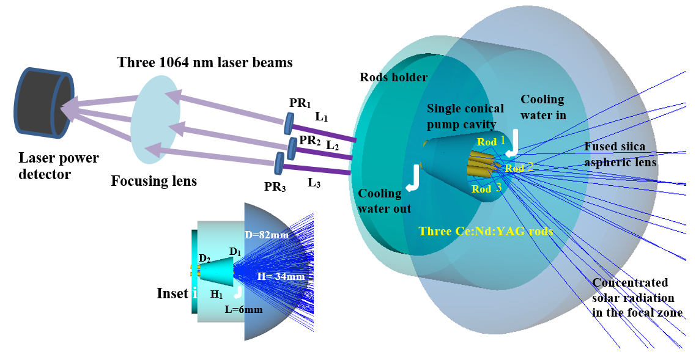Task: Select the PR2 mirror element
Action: [293, 147]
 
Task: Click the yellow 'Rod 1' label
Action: [491, 141]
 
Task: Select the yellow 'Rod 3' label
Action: [486, 189]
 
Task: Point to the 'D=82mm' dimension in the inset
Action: [267, 235]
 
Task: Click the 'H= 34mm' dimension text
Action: [281, 276]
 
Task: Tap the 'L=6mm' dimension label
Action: [243, 309]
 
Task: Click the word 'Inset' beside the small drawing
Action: [172, 293]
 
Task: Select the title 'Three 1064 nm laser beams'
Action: [205, 62]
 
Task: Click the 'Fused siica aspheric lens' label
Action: [620, 154]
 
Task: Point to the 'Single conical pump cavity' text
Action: [465, 115]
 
